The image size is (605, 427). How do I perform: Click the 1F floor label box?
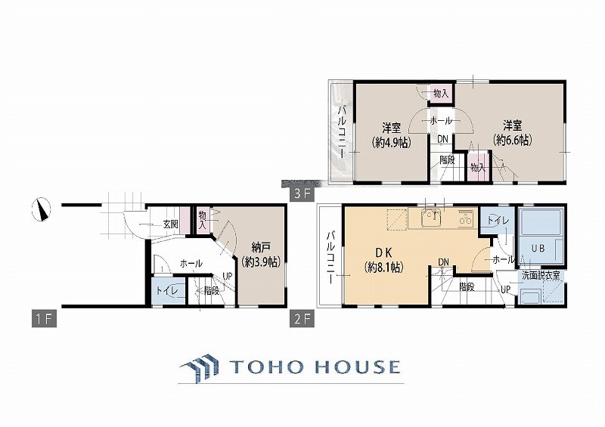point(44,320)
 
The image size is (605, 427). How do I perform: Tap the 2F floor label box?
point(302,320)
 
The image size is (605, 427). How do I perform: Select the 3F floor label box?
point(302,193)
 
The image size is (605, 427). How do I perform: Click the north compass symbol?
point(41,209)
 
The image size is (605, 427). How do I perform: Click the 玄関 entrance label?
point(170,224)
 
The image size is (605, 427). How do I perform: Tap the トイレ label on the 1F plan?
point(167,291)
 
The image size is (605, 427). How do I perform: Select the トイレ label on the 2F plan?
point(498,221)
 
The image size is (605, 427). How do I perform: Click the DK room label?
point(384,252)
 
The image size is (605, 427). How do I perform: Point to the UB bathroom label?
point(538,249)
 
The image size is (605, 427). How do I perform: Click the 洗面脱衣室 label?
point(541,275)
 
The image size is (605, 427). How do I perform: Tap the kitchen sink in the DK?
point(431,218)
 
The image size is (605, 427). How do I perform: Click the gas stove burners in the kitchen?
point(465,218)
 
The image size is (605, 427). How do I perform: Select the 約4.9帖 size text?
point(391,143)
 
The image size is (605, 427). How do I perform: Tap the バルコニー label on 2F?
point(330,258)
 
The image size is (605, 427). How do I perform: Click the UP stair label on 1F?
point(228,277)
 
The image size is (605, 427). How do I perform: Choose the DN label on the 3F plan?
point(443,139)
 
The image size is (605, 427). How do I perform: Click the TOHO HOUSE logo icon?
point(200,366)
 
